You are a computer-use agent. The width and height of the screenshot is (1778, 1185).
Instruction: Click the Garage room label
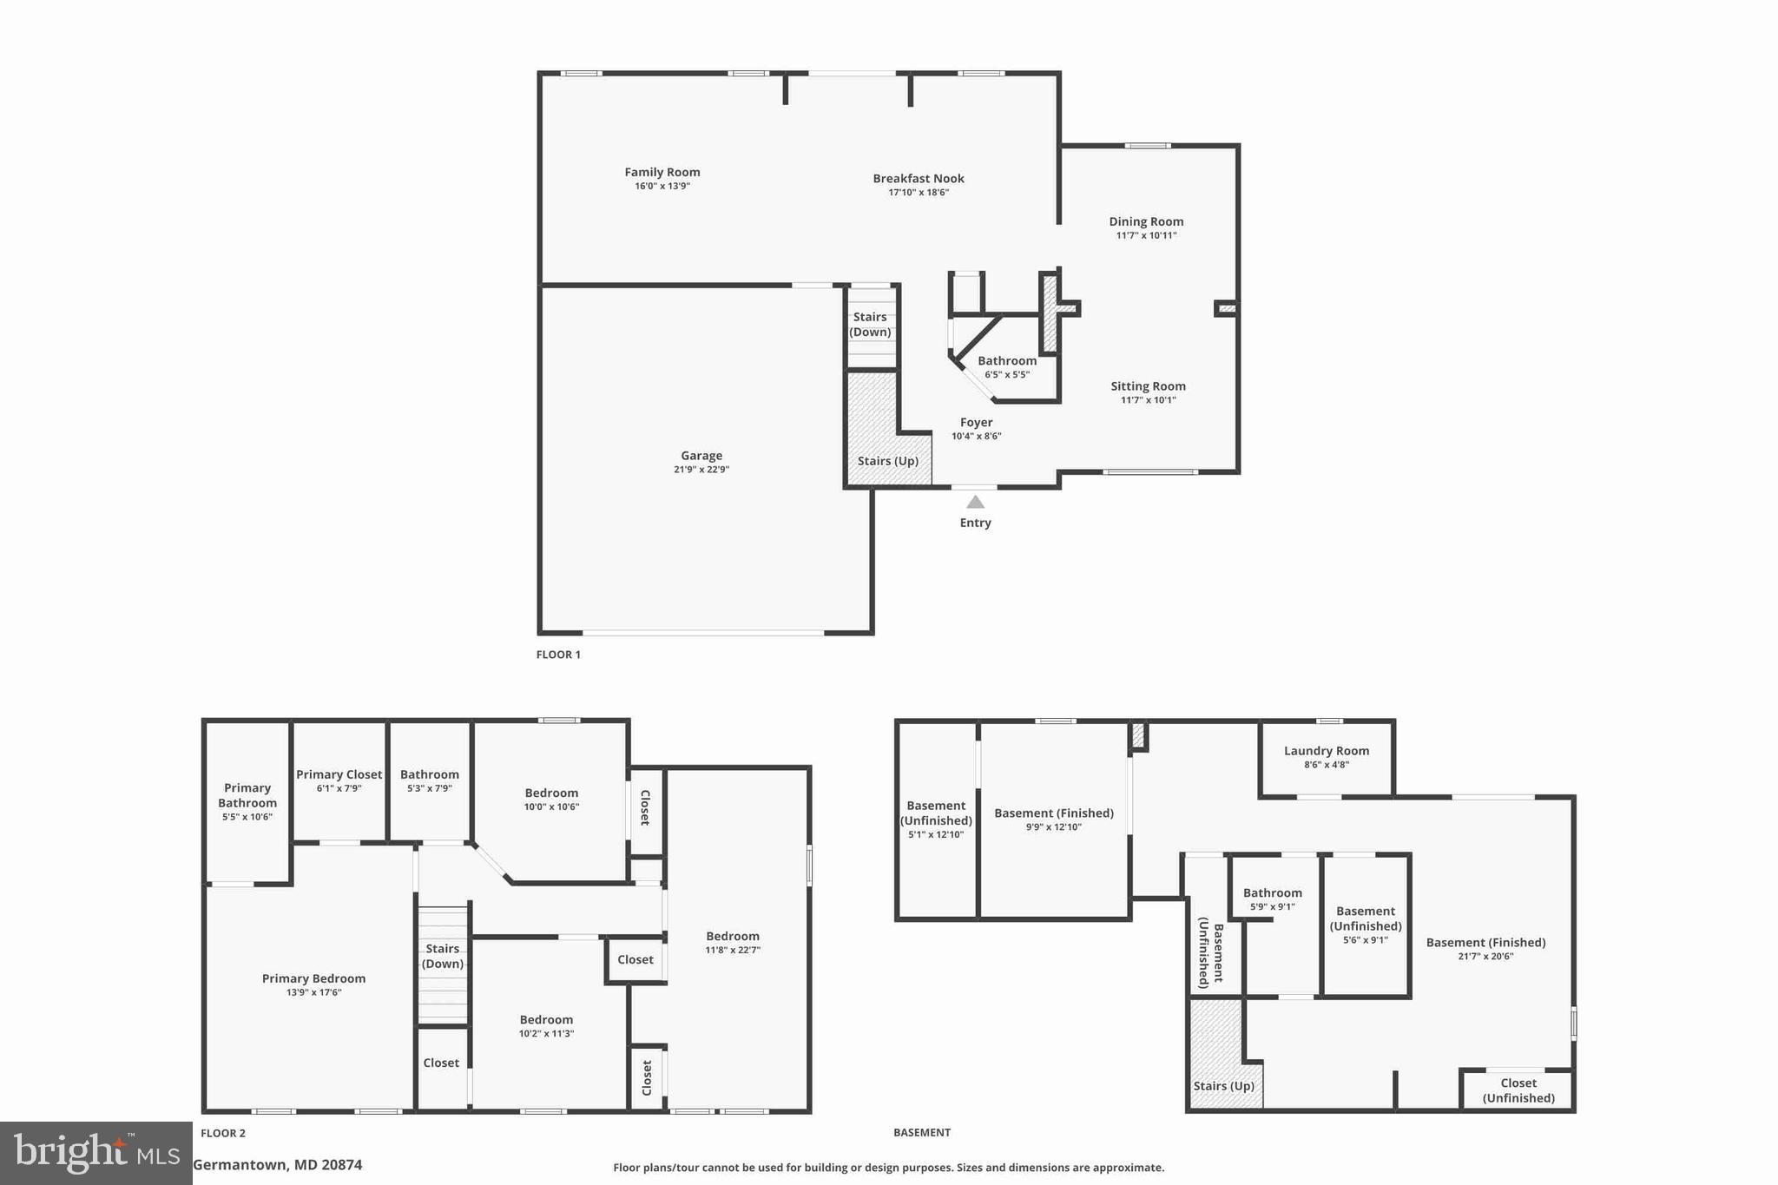701,456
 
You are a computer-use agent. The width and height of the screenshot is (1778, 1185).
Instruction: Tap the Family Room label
662,173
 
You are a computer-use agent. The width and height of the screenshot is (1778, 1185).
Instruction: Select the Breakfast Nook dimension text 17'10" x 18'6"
919,193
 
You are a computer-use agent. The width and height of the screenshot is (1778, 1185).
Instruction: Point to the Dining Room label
1146,222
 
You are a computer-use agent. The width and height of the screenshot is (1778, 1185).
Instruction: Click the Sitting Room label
1148,387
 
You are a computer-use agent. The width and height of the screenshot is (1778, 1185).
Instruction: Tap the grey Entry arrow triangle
975,502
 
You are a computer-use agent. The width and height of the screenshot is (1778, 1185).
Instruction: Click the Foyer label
976,423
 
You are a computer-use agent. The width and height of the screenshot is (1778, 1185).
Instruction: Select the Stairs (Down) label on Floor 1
870,325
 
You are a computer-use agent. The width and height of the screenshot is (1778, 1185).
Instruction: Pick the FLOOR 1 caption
558,655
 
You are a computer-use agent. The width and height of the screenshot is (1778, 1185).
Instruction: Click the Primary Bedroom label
313,979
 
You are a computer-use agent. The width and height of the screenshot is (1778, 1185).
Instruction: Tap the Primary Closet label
339,775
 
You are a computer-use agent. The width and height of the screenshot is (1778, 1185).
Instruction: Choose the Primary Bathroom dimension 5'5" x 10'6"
247,817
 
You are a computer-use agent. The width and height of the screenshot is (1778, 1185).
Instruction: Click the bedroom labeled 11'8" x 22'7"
733,937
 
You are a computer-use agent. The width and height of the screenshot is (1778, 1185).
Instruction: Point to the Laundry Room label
1326,752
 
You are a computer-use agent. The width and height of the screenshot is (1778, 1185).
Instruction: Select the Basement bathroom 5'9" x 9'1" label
1272,893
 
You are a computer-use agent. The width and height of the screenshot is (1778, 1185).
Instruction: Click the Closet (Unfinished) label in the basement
1518,1090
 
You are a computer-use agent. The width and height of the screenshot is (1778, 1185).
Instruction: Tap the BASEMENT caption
922,1133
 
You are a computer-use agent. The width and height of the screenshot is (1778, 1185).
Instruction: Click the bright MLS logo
95,1153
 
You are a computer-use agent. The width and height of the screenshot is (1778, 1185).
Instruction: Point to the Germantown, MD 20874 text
277,1165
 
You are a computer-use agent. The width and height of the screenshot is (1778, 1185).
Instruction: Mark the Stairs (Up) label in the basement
1223,1087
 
